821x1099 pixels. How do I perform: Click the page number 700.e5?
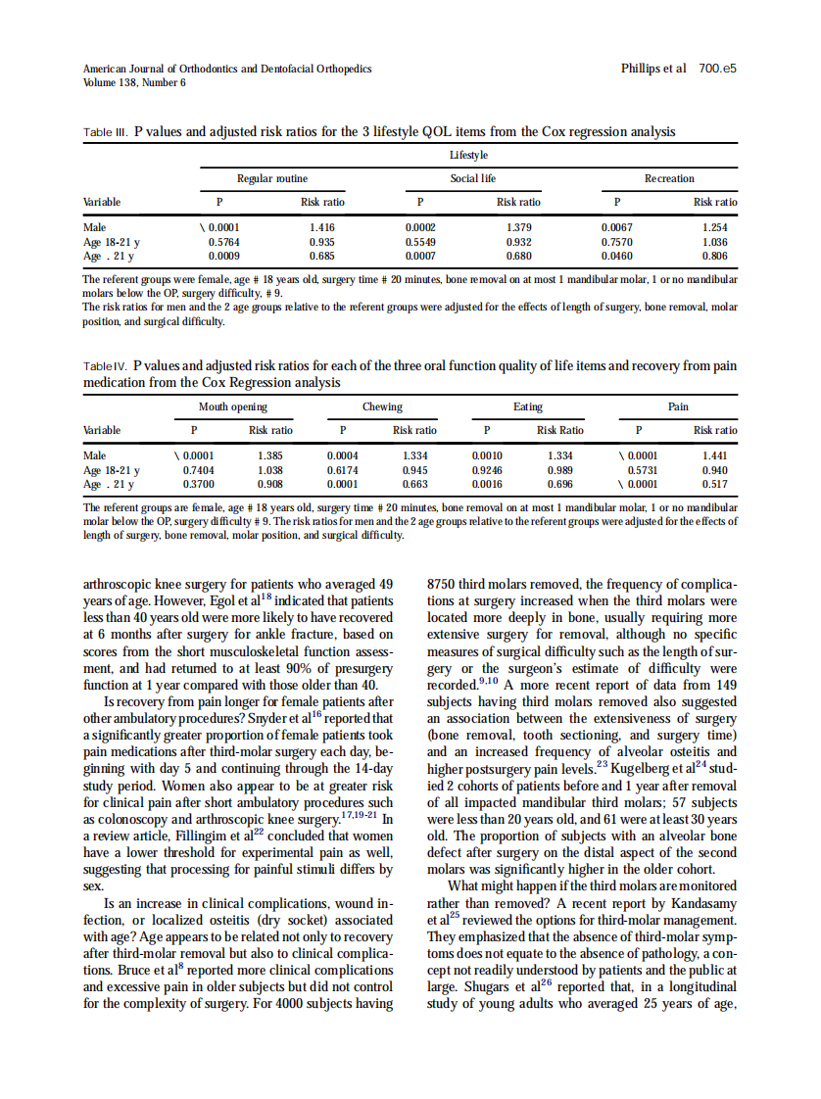(717, 70)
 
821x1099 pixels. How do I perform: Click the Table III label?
(106, 132)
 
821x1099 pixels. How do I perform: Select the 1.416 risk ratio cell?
(322, 227)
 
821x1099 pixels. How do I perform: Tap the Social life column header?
(472, 178)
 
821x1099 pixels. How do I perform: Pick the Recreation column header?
(669, 178)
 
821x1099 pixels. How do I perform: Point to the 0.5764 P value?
(225, 240)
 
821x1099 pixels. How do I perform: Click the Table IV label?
(106, 366)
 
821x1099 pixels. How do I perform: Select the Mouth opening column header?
(232, 406)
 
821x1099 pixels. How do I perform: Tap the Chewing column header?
(381, 406)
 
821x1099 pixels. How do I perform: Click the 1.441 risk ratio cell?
(715, 455)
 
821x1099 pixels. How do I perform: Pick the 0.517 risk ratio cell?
(715, 483)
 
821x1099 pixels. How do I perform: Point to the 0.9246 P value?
(487, 469)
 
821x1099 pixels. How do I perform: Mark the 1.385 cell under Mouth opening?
(270, 455)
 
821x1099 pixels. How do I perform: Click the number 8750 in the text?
(445, 584)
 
